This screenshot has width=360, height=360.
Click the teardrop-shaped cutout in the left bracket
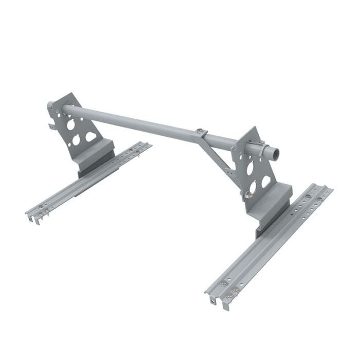pos(91,137)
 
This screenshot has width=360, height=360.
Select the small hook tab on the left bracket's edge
pos(52,125)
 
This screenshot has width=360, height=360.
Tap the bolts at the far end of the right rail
pos(312,195)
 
